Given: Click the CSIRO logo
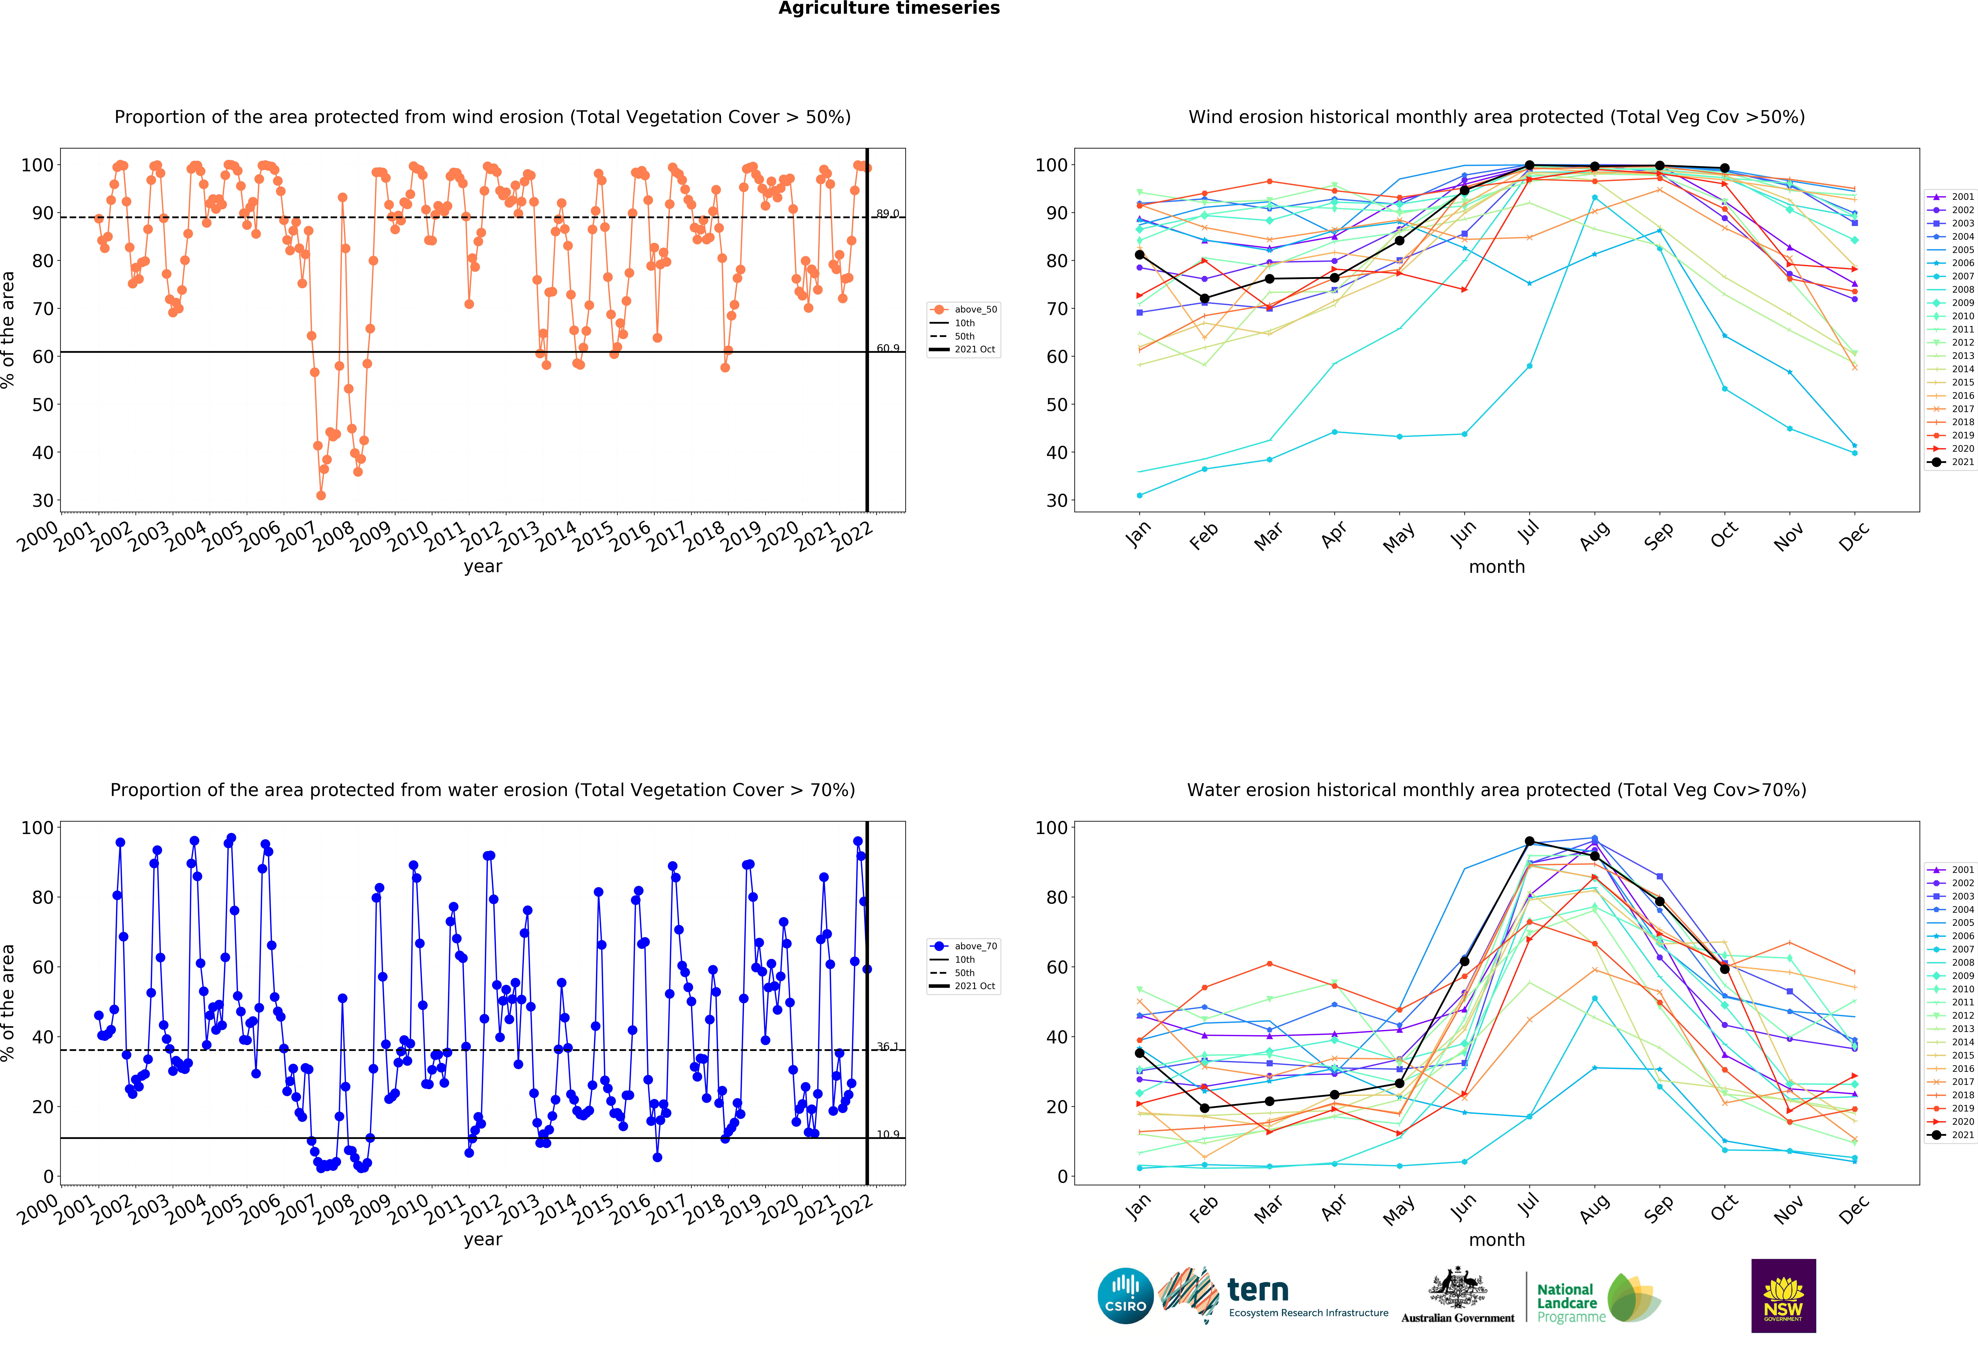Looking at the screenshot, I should [1125, 1295].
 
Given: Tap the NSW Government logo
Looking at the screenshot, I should [1783, 1295].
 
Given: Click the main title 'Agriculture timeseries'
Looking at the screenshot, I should [889, 8].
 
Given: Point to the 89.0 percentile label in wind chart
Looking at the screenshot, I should [888, 214].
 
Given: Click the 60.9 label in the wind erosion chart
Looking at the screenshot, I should [888, 348].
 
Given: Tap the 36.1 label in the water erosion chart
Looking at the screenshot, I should [888, 1047].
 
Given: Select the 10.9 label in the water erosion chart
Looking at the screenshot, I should [888, 1134].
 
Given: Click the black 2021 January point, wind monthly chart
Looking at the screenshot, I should [1140, 254].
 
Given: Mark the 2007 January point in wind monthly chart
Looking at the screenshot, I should [1140, 495].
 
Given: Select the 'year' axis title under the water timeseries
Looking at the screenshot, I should [483, 1239].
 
